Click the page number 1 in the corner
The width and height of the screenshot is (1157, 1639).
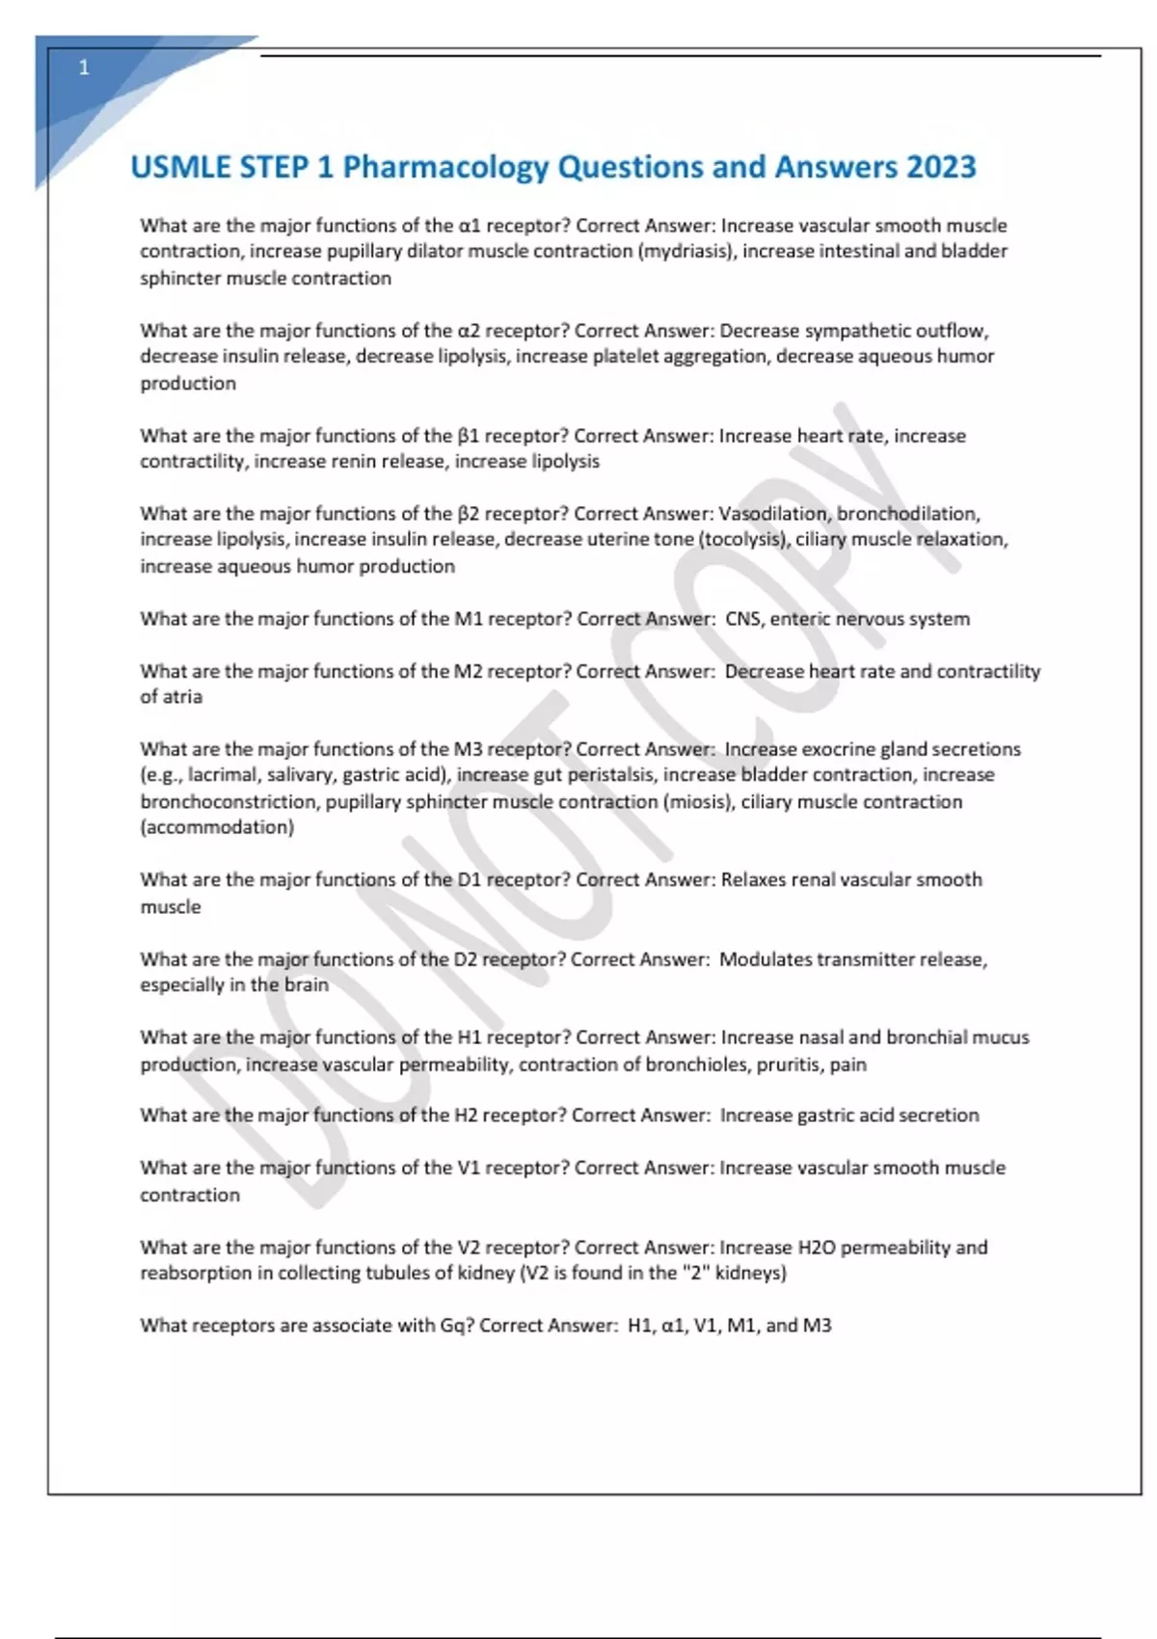pyautogui.click(x=84, y=67)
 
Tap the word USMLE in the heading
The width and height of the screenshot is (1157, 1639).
pyautogui.click(x=180, y=168)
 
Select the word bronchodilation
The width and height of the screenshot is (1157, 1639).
pyautogui.click(x=908, y=514)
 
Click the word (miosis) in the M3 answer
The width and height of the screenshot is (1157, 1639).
pyautogui.click(x=698, y=802)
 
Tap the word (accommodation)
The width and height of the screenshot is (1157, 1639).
pyautogui.click(x=217, y=827)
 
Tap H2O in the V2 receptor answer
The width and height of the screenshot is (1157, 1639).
pyautogui.click(x=817, y=1248)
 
